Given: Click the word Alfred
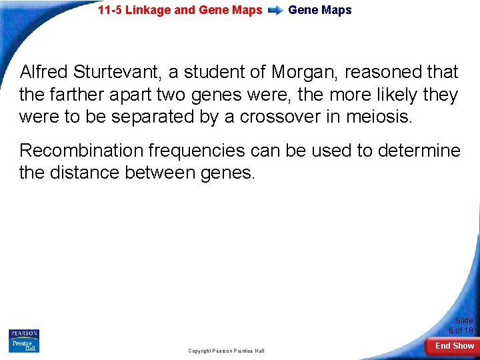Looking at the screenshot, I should [x=42, y=72].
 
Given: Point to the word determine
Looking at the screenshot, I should [x=419, y=151].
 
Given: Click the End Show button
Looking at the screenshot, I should [x=454, y=345].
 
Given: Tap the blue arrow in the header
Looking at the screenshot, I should [x=275, y=11].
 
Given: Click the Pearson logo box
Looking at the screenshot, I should [x=24, y=333].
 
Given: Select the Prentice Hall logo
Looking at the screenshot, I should [x=24, y=345].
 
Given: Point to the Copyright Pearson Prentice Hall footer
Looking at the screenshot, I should [x=226, y=351].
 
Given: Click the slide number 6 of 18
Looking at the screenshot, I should [x=461, y=330].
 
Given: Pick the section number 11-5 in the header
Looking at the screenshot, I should [x=110, y=10].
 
